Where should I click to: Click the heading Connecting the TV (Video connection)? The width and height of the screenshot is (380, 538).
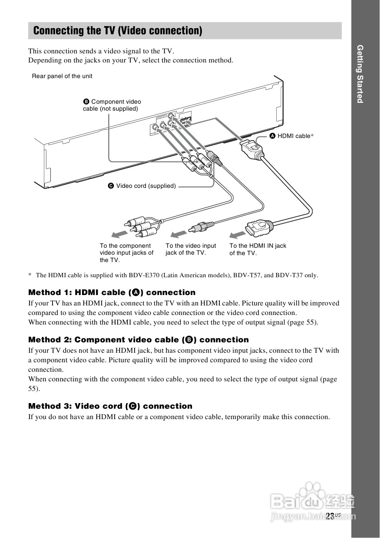pos(117,31)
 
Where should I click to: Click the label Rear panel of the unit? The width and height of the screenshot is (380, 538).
pos(62,76)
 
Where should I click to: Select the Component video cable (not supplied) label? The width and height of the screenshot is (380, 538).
pos(112,105)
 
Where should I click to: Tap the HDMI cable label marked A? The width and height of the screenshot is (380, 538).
pos(291,136)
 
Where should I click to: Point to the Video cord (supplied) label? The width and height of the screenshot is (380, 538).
pos(142,186)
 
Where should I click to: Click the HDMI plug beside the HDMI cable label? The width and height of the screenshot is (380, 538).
pos(252,148)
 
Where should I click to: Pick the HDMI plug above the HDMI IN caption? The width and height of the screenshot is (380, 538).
pos(259,226)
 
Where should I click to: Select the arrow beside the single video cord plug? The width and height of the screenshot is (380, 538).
pos(178,234)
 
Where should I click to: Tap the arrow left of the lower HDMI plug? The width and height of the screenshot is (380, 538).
pos(237,235)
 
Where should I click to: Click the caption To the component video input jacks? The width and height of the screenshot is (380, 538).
pos(126,253)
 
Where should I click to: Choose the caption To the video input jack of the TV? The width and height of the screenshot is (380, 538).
pos(191,249)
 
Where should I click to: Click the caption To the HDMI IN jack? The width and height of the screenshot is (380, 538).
pos(258,249)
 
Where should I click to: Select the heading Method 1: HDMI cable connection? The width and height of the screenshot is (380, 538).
pos(112,292)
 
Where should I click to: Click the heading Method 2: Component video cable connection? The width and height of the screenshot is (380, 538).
pos(138,340)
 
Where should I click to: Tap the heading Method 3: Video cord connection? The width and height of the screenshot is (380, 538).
pos(110,406)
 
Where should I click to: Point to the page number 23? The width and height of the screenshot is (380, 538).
pos(330,516)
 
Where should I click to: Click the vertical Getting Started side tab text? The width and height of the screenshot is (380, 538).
pos(360,74)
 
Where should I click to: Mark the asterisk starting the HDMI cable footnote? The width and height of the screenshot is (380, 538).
pos(30,275)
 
